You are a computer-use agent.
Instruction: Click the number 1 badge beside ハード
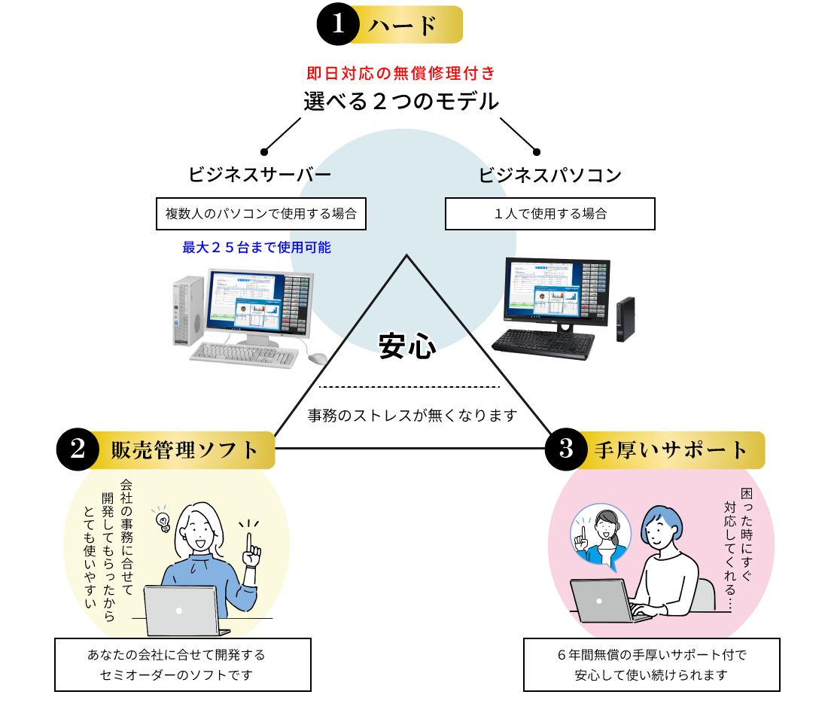[339, 24]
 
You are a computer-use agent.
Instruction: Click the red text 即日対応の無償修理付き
[401, 73]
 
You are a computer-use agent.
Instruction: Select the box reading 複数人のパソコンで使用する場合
[261, 214]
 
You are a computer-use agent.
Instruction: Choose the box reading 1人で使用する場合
[549, 214]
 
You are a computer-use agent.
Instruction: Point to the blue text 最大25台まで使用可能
[257, 247]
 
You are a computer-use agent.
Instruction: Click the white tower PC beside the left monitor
[188, 309]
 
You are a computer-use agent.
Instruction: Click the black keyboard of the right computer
[543, 343]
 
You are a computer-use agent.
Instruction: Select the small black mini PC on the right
[625, 319]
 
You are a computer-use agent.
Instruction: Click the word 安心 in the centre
[406, 346]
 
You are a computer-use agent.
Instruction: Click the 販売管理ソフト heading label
[184, 450]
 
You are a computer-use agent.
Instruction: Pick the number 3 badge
[567, 449]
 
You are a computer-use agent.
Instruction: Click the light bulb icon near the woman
[161, 519]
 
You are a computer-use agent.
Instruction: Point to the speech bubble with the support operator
[600, 534]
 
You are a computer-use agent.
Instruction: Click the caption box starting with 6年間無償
[651, 665]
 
